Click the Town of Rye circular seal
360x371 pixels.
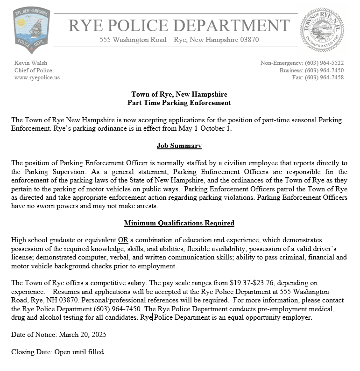pyautogui.click(x=322, y=29)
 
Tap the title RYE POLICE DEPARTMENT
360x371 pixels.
pyautogui.click(x=179, y=25)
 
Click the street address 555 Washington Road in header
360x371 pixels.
pyautogui.click(x=133, y=40)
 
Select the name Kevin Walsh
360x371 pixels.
pyautogui.click(x=31, y=63)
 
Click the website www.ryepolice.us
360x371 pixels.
pyautogui.click(x=37, y=77)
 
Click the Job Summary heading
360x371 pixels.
pyautogui.click(x=179, y=146)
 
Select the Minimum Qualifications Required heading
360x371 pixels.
pyautogui.click(x=179, y=223)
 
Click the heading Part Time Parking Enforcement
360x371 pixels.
pyautogui.click(x=179, y=103)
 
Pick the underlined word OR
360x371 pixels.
pyautogui.click(x=123, y=240)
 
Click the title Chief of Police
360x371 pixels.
pyautogui.click(x=33, y=70)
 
